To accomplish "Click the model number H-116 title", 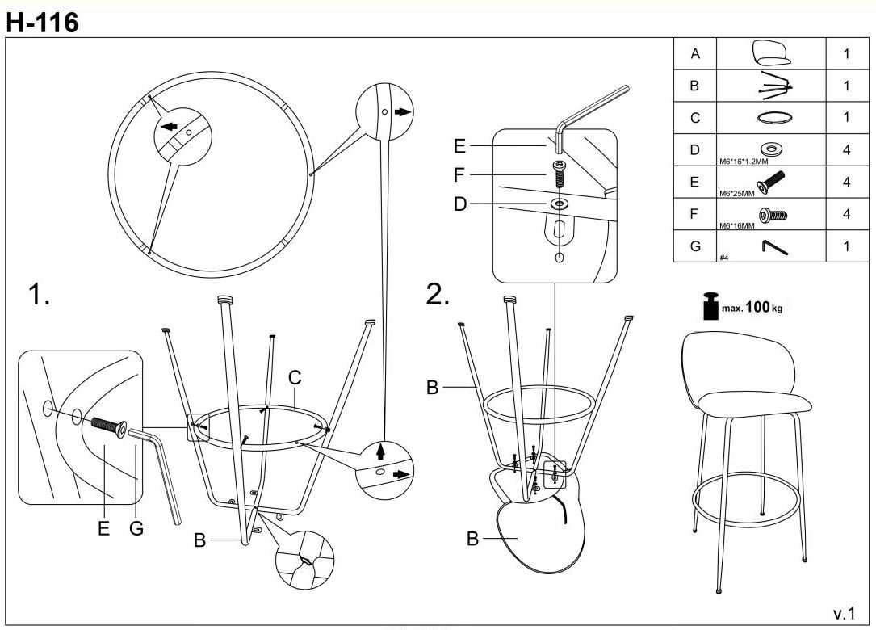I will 42,23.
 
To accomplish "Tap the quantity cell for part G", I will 846,246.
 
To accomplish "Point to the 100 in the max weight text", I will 757,309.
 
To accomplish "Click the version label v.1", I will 843,613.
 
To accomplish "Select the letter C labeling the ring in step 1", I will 294,376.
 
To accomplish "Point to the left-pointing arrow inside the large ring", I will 169,127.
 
